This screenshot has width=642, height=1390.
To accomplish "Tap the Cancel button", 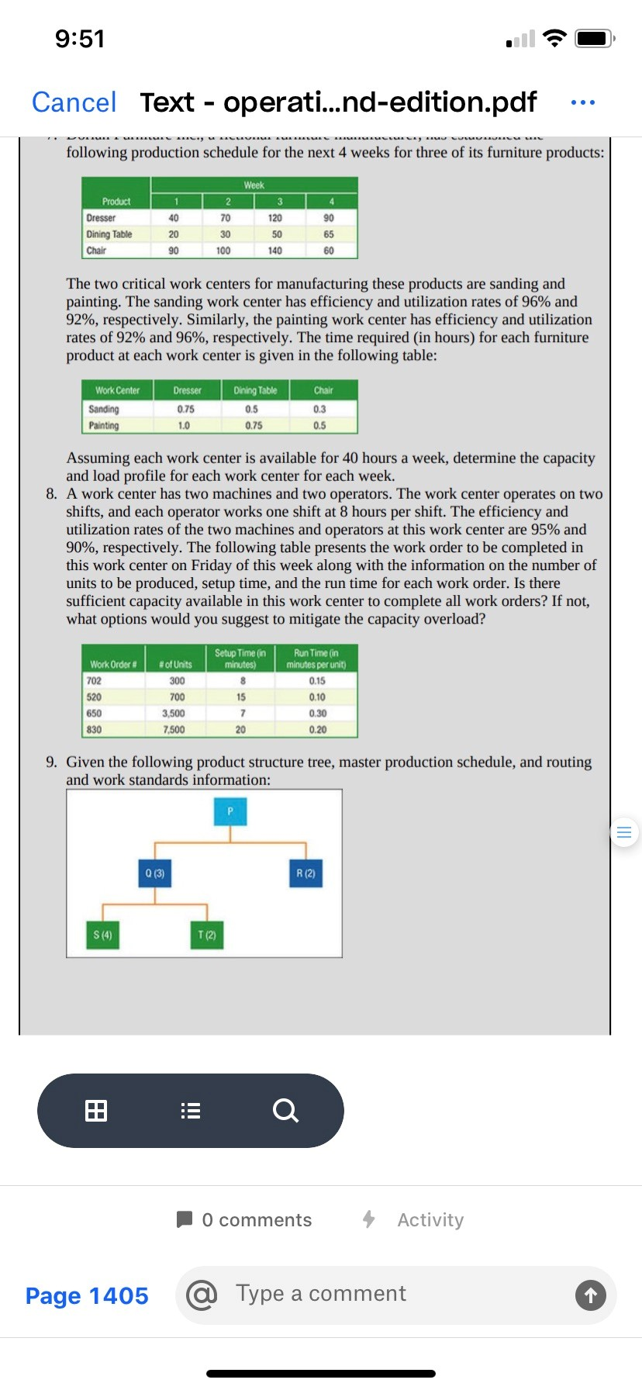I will (x=74, y=102).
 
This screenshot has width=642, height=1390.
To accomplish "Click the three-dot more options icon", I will (x=582, y=102).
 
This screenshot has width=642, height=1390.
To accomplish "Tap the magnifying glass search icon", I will (x=285, y=1111).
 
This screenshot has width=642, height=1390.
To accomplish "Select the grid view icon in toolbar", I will (x=96, y=1111).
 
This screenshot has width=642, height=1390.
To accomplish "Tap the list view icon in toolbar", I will (x=191, y=1111).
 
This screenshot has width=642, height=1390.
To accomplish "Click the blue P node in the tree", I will (x=230, y=811).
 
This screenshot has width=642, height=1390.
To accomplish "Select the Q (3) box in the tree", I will (x=155, y=873).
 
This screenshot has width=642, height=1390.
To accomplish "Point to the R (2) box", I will (x=305, y=873).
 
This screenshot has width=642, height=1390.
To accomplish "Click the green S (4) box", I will (x=102, y=935).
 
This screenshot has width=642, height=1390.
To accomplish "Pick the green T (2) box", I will (x=206, y=935).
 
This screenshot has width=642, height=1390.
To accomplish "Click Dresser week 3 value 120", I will (x=275, y=218).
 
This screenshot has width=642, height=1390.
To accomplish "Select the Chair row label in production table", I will (x=97, y=251).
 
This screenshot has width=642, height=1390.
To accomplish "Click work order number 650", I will (x=94, y=714).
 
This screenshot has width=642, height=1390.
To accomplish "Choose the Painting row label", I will (x=104, y=426).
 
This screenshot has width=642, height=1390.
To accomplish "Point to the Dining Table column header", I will (x=255, y=390).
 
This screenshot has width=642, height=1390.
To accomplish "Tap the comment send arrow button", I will (x=590, y=1295).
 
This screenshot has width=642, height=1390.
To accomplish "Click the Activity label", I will (x=430, y=1220).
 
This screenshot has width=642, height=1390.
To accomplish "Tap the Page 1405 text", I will (x=87, y=1295).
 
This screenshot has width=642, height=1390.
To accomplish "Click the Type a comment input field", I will (x=388, y=1294).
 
